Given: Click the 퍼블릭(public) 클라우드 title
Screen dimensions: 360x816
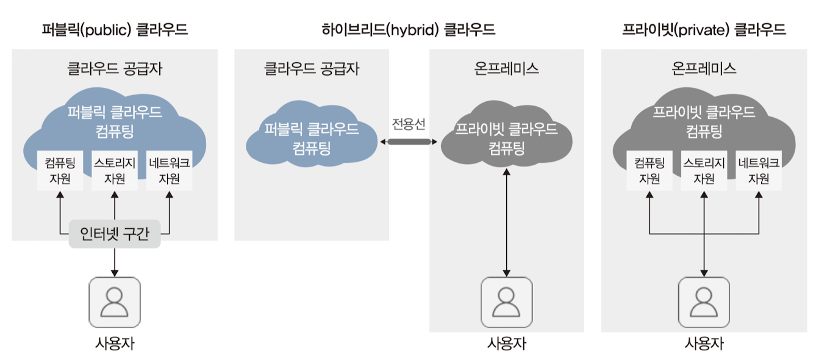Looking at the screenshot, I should [115, 29].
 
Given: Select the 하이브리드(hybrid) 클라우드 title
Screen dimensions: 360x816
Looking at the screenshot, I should [408, 29].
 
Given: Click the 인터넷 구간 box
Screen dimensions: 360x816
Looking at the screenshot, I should [115, 234].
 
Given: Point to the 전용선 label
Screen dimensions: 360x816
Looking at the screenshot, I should [409, 124].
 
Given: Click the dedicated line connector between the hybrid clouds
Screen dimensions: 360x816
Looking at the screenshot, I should [409, 142].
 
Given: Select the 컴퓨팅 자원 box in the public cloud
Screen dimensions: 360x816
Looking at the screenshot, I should [60, 171].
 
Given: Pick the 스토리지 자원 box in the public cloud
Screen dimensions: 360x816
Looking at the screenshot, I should [115, 171].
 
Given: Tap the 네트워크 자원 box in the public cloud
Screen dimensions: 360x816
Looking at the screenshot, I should [169, 171].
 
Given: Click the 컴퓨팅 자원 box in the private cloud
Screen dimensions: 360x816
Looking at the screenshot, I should [649, 171].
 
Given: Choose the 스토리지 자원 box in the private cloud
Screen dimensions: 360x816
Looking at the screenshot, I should [704, 171].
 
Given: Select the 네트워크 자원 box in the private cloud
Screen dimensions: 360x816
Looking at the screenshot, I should [759, 171].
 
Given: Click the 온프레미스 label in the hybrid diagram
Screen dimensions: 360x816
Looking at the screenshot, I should [506, 68].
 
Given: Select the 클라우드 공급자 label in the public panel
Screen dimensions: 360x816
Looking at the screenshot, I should [115, 68].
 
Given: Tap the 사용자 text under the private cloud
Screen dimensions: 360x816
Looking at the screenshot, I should [704, 344].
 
